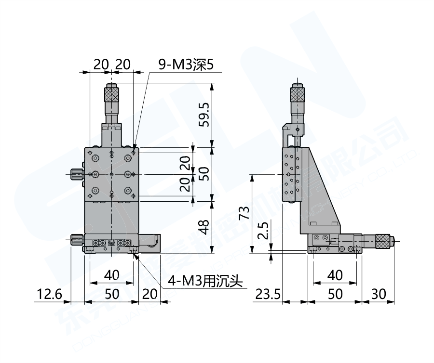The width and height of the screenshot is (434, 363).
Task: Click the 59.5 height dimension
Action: pyautogui.click(x=204, y=115)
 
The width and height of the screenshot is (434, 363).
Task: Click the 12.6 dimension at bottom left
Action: pyautogui.click(x=48, y=294)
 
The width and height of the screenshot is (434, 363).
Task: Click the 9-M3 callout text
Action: pyautogui.click(x=186, y=64)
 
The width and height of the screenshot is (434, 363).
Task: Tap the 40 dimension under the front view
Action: pyautogui.click(x=111, y=275)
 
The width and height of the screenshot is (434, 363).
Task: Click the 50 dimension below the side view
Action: pyautogui.click(x=335, y=294)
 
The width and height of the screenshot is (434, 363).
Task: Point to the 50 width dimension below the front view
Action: pyautogui.click(x=111, y=294)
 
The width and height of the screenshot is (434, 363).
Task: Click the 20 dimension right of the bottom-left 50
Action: pyautogui.click(x=150, y=294)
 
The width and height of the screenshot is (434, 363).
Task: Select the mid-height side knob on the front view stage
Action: pyautogui.click(x=76, y=174)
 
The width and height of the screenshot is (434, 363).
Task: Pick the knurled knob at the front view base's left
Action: pyautogui.click(x=76, y=239)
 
